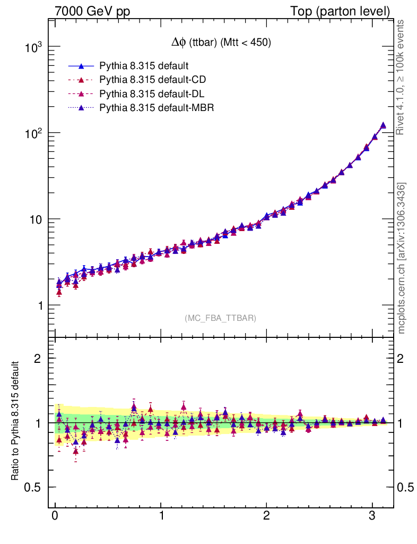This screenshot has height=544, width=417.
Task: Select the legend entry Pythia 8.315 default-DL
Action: click(152, 94)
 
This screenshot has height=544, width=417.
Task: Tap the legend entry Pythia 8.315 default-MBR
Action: click(156, 108)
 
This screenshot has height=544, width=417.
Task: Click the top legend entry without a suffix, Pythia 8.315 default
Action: click(144, 66)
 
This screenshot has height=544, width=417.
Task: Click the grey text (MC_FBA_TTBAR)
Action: click(221, 318)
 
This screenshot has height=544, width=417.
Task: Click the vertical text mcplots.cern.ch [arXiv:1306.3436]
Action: click(402, 258)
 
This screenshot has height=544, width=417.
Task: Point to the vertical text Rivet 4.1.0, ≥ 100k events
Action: click(402, 78)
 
